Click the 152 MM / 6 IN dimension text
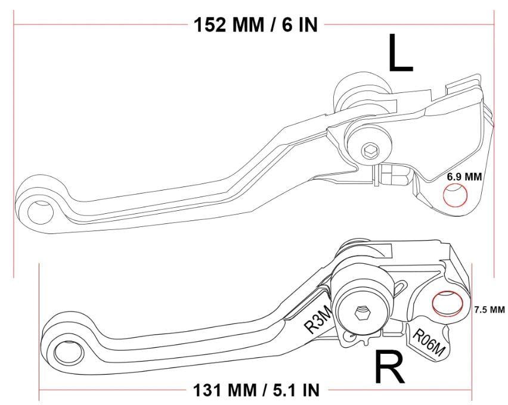(x=256, y=25)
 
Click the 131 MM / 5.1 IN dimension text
(x=256, y=390)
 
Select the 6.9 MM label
(x=465, y=177)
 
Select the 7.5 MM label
(x=489, y=310)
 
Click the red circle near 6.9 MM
(x=455, y=196)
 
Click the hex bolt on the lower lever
(x=361, y=311)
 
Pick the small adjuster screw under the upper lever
(x=393, y=176)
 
